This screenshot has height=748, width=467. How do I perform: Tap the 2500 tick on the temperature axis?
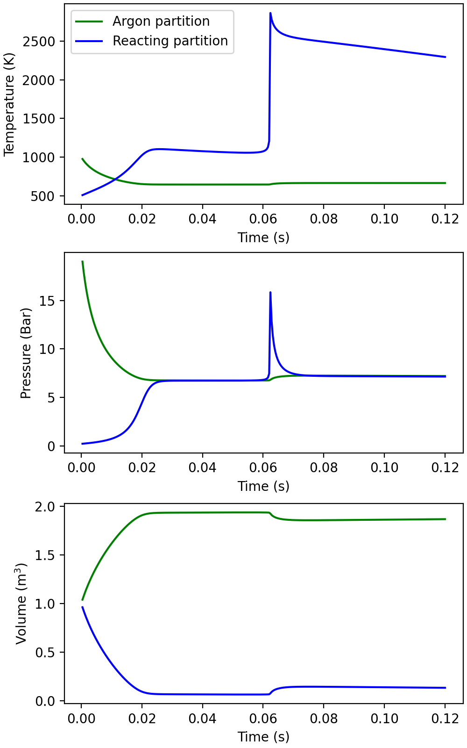39,42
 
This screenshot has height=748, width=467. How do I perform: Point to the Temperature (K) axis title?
9,104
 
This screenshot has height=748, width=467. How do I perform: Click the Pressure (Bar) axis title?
26,353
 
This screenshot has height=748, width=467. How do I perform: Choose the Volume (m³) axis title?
21,603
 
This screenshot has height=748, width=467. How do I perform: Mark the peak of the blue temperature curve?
270,13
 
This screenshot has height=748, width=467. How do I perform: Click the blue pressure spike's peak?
270,292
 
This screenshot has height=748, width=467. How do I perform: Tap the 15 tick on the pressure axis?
47,301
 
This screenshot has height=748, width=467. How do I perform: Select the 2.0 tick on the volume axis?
45,507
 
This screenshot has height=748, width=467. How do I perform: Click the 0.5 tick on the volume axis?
45,653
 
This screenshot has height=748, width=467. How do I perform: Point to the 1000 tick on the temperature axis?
39,158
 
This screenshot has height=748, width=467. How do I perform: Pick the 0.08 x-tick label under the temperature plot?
324,219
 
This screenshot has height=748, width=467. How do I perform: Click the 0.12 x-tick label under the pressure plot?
445,467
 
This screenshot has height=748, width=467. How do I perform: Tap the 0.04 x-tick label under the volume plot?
202,718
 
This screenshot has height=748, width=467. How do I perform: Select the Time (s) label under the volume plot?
263,737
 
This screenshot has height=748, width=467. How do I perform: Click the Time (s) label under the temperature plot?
263,237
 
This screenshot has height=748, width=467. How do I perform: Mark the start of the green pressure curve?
82,261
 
